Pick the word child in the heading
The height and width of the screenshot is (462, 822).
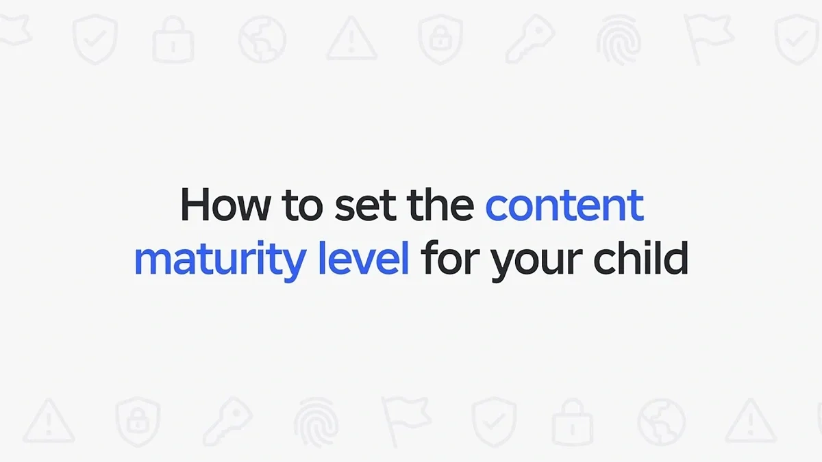click(x=640, y=259)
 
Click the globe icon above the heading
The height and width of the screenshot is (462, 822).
click(x=262, y=38)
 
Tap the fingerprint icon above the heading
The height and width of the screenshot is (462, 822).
click(x=619, y=38)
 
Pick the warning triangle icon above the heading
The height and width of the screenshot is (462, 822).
click(x=351, y=40)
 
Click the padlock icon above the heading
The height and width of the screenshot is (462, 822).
click(x=173, y=40)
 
